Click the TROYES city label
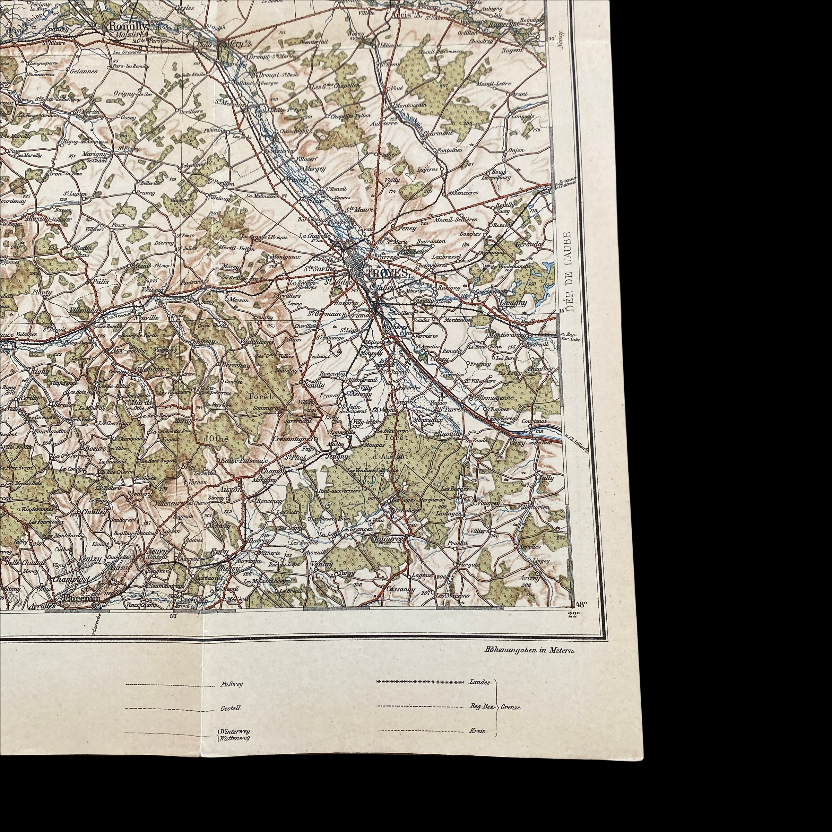[386, 273]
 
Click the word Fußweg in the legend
[228, 684]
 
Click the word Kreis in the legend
[478, 731]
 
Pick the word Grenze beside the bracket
[510, 707]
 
